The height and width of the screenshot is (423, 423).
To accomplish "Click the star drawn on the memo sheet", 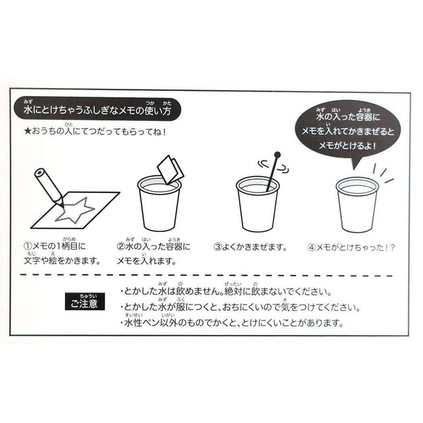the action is (x=75, y=210).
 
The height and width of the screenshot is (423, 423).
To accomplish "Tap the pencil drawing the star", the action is (x=49, y=188).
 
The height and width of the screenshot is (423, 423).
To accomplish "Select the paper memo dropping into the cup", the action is (x=170, y=169).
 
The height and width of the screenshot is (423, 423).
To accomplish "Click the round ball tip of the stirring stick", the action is (x=277, y=155).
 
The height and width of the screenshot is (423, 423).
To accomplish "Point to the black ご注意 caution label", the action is (x=85, y=301).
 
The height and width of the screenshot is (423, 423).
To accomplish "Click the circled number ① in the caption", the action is (x=27, y=246).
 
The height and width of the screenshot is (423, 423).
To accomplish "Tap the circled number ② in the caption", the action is (x=121, y=246).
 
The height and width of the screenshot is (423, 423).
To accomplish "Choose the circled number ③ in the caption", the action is (x=218, y=247).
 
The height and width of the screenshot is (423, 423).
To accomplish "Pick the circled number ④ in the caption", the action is (x=312, y=247).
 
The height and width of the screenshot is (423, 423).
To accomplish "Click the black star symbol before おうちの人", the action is (x=27, y=132).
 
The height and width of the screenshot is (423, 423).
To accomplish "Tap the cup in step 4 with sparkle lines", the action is (x=356, y=205).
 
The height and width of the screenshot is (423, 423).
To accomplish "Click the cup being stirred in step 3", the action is (x=257, y=204).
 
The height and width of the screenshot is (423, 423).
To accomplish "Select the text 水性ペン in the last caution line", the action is (x=142, y=323).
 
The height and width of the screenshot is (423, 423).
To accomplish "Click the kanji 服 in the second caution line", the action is (x=180, y=307).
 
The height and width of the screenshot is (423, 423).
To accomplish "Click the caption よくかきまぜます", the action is (x=254, y=247).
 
